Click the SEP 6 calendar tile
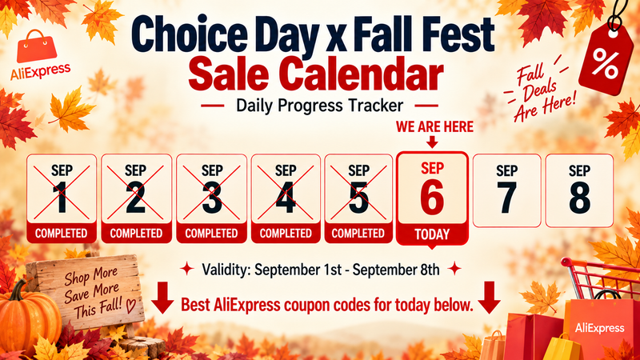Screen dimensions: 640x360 tap(432, 198)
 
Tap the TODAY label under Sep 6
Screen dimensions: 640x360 tap(432, 234)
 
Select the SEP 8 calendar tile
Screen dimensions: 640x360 tap(579, 190)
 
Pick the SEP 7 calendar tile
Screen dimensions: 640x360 tap(506, 190)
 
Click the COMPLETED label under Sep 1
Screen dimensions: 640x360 tap(62, 234)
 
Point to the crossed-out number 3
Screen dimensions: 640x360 tap(212, 198)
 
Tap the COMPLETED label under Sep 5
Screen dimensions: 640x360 tap(358, 234)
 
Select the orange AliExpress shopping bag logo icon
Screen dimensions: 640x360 tap(37, 46)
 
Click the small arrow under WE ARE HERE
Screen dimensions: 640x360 tap(432, 142)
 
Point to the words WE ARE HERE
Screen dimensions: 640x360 tap(434, 127)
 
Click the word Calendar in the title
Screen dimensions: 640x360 tap(362, 74)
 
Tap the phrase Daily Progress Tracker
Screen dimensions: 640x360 tap(319, 106)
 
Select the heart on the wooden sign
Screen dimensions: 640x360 tap(130, 306)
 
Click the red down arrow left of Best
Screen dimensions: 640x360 tap(162, 297)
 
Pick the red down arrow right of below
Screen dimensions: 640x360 tap(489, 297)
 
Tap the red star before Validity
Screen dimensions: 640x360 tap(187, 269)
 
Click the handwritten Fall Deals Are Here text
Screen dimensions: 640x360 tap(538, 91)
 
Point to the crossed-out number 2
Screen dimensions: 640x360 tap(135, 198)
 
